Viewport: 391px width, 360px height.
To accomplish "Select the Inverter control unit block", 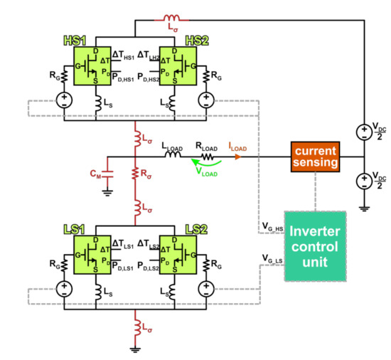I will pyautogui.click(x=314, y=246).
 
